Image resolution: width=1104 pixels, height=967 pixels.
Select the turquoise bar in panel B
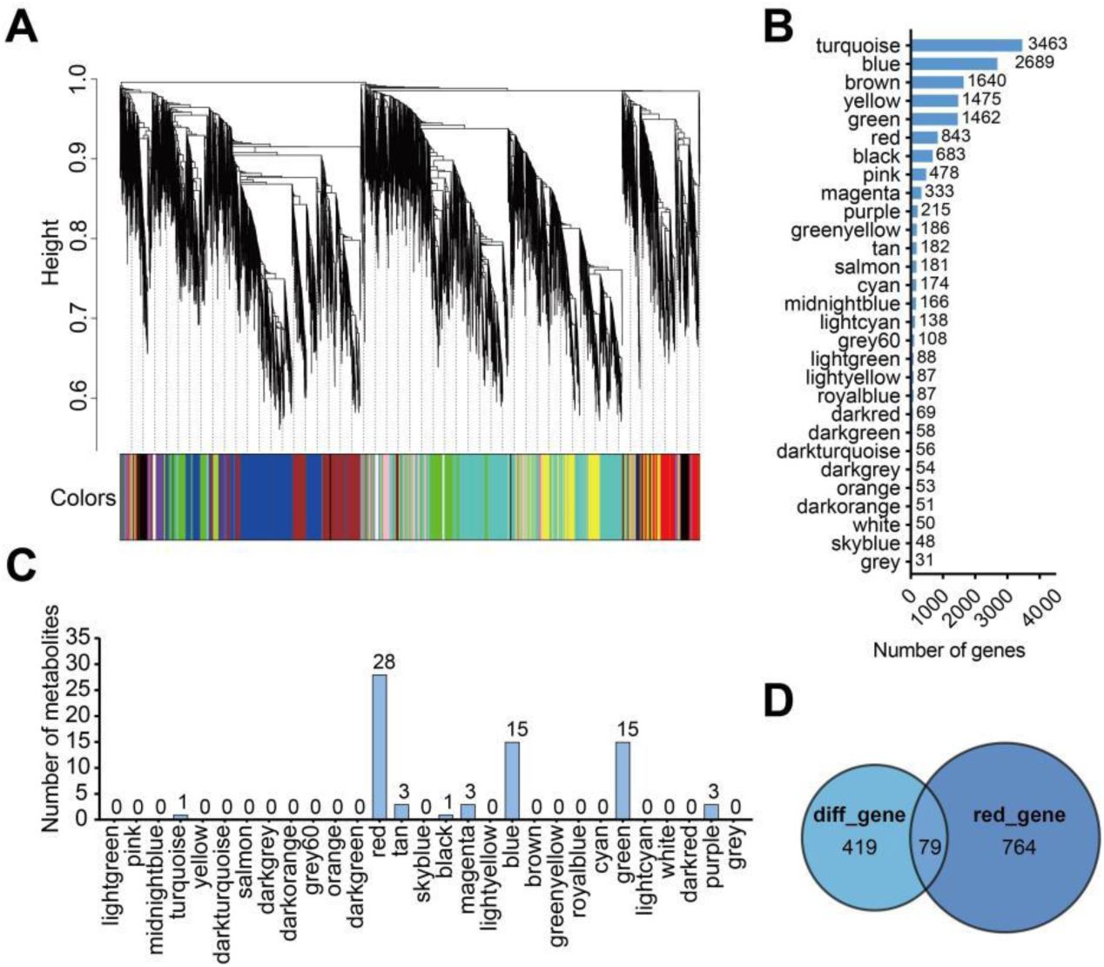(x=966, y=45)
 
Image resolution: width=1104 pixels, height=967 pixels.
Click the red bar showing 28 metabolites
(x=380, y=746)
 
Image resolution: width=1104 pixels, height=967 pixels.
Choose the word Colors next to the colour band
(x=83, y=498)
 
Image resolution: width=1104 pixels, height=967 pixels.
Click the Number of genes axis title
(x=948, y=649)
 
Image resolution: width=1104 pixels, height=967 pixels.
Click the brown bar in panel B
(x=937, y=82)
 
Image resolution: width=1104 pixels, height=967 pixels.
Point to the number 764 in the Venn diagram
(x=1018, y=846)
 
